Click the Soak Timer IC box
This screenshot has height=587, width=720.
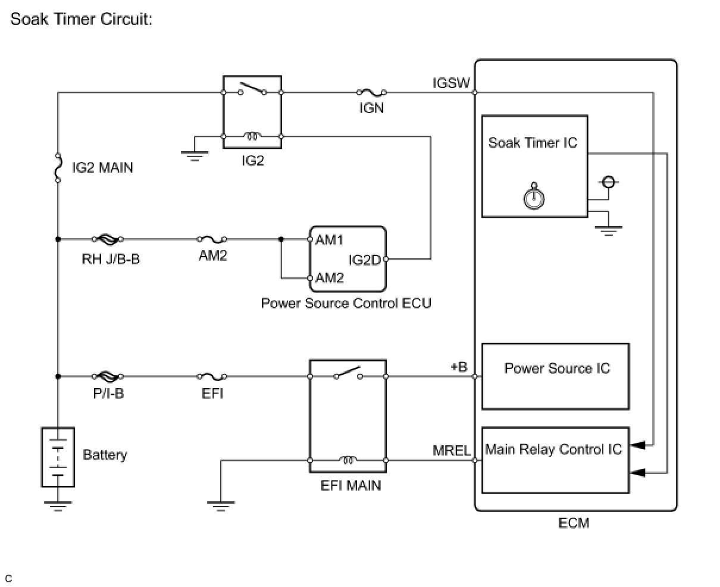(534, 166)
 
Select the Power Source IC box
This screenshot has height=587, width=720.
(555, 376)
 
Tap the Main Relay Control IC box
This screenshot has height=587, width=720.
(555, 460)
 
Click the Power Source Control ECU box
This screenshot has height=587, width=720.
(348, 257)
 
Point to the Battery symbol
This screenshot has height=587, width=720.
(57, 457)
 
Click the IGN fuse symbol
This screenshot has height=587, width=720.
(371, 92)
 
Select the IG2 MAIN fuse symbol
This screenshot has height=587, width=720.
(58, 167)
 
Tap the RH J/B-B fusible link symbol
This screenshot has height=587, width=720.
(108, 239)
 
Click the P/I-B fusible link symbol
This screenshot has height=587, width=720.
(108, 376)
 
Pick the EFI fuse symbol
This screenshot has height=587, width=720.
(212, 376)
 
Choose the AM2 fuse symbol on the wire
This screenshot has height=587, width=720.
(212, 239)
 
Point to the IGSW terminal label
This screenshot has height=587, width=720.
(451, 83)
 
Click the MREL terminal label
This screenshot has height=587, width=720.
(452, 451)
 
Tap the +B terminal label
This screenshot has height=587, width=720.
(459, 367)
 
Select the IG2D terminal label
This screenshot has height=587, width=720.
(364, 260)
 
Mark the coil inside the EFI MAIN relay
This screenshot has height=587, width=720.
(348, 460)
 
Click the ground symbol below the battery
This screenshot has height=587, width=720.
(57, 506)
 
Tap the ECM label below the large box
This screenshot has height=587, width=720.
(574, 523)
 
